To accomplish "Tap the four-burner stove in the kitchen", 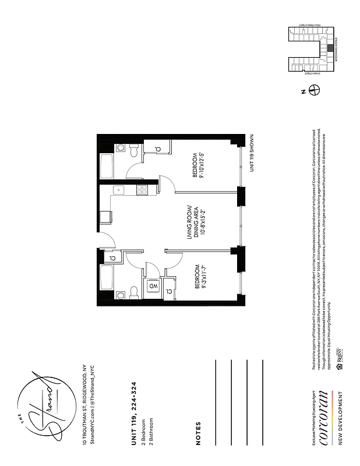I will coord(142,189).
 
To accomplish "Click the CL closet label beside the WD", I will coord(169,290).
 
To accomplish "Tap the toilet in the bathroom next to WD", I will coord(133,291).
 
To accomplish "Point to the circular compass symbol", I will coord(315,90).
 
